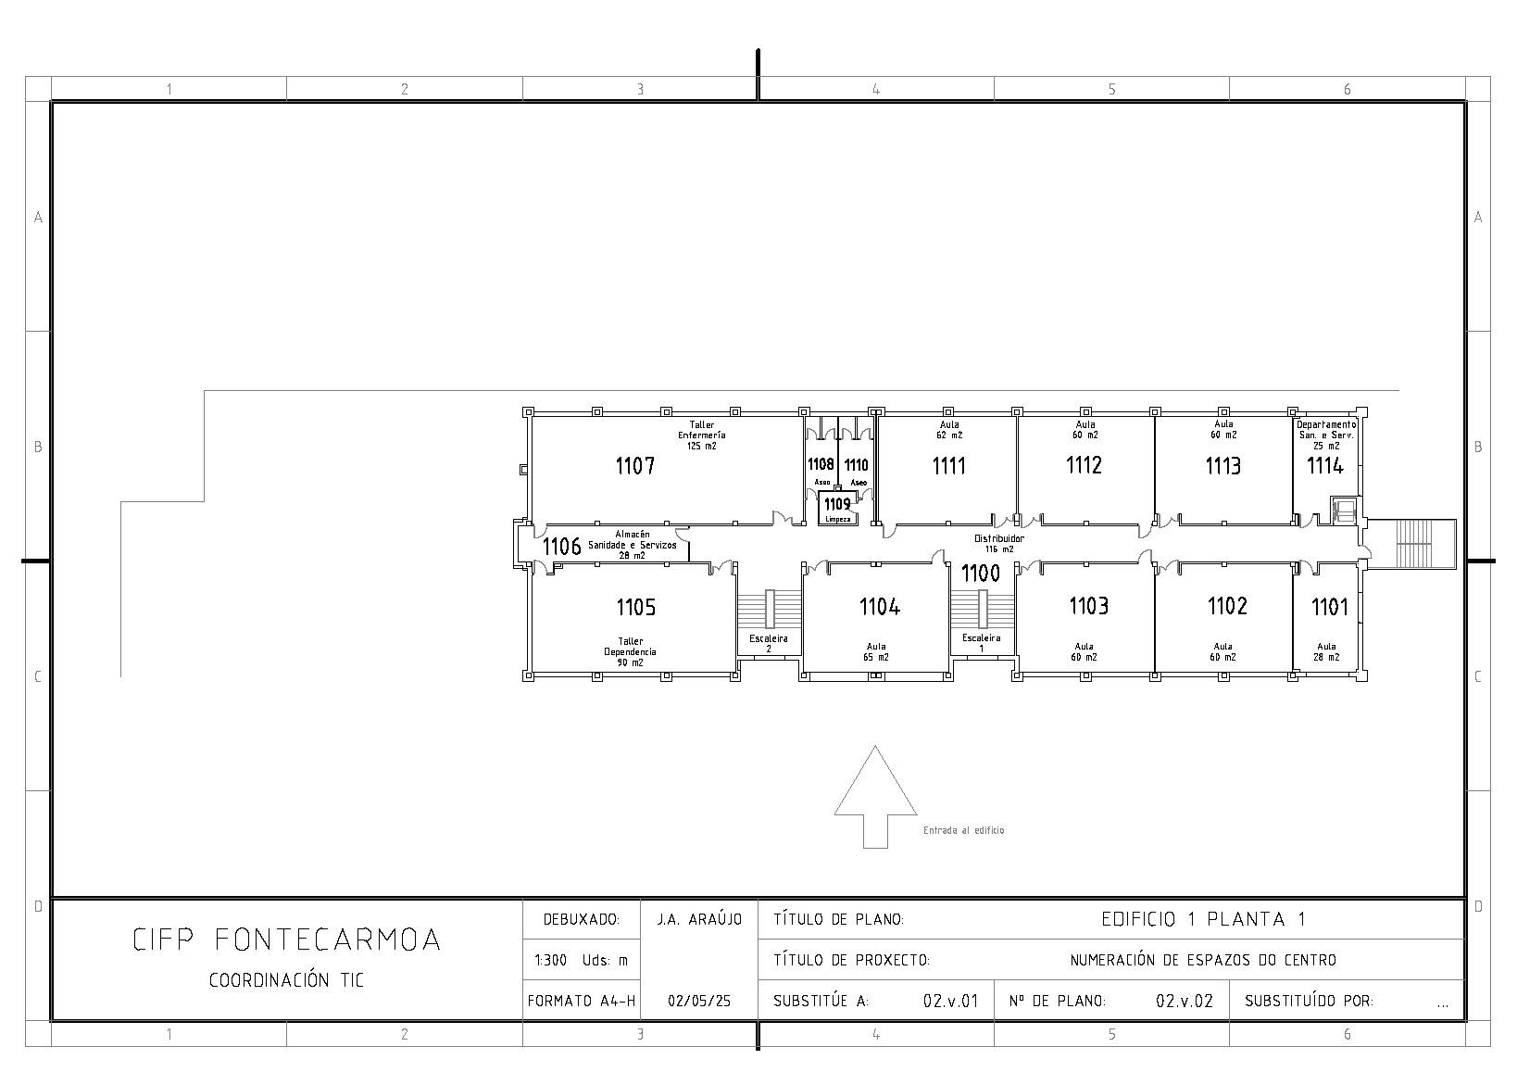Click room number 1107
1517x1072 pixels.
click(634, 466)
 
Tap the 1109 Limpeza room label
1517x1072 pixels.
click(838, 510)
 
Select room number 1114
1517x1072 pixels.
click(1324, 465)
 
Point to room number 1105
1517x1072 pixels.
click(636, 607)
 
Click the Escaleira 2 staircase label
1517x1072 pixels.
click(769, 644)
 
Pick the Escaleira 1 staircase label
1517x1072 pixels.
click(982, 643)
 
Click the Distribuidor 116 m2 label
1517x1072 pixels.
click(999, 544)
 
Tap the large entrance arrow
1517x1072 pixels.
click(875, 797)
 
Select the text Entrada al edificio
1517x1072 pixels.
click(964, 830)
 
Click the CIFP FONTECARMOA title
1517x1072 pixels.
click(286, 940)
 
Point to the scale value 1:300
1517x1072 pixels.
click(551, 960)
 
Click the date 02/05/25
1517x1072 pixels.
click(699, 1001)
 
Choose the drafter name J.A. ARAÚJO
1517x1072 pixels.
click(699, 919)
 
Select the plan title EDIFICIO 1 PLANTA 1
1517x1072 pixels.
click(1203, 919)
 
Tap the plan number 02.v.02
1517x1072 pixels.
click(1184, 1001)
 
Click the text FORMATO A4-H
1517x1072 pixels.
click(581, 1001)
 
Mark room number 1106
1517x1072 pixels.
click(561, 546)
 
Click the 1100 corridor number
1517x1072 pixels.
click(981, 574)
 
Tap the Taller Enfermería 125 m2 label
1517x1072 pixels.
click(702, 435)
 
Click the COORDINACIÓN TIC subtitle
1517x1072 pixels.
click(286, 980)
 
